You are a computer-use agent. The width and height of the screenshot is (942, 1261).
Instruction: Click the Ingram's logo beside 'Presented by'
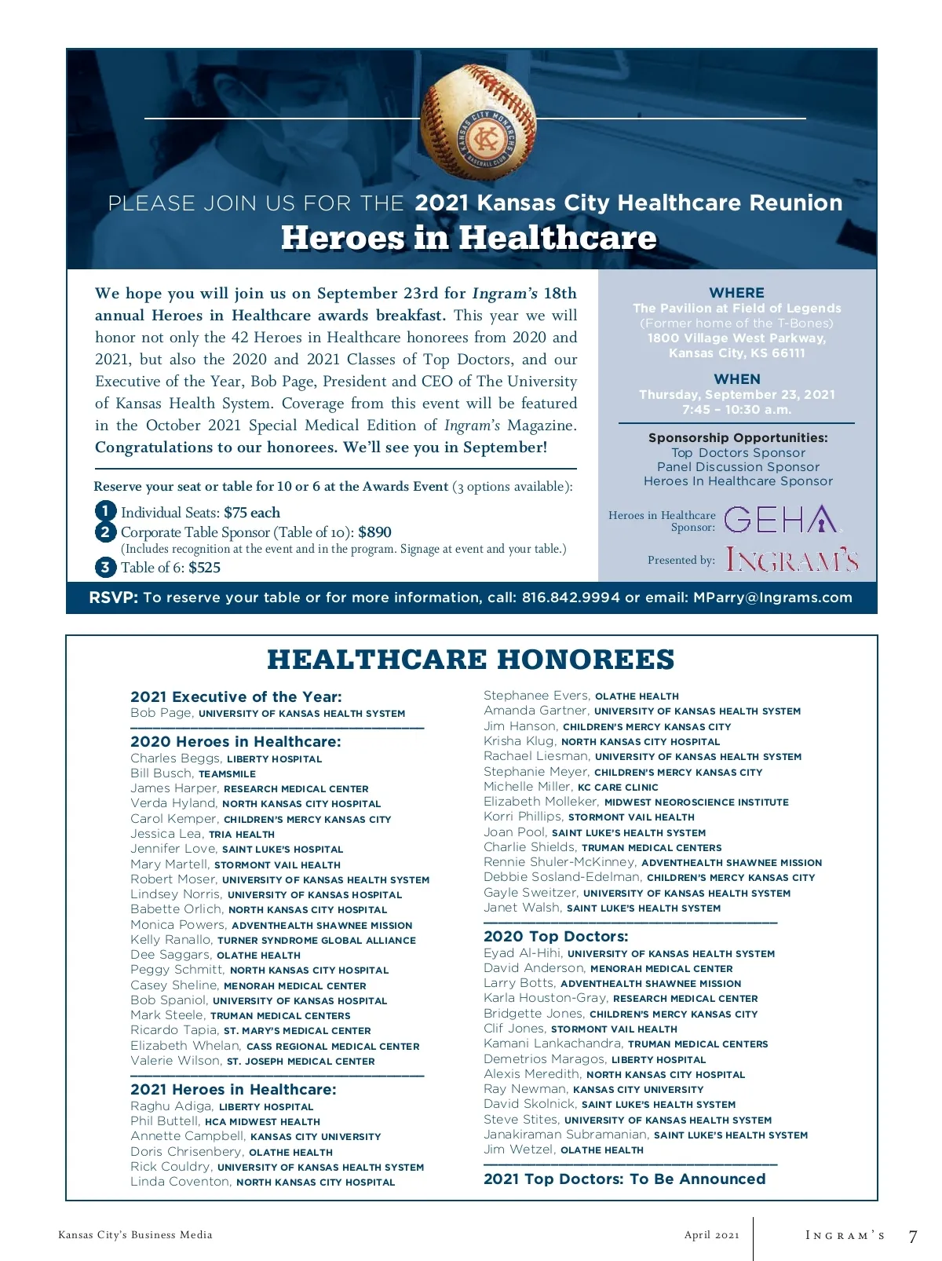(791, 559)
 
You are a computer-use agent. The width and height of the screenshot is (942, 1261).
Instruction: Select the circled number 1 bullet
(105, 511)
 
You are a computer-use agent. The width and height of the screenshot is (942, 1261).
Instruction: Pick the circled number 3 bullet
(105, 567)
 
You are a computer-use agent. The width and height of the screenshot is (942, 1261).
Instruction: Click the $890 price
(374, 532)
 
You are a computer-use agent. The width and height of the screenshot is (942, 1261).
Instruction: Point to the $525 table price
(204, 567)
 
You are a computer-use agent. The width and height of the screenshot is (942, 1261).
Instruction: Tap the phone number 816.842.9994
(571, 598)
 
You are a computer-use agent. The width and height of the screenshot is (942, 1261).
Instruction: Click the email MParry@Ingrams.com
(772, 598)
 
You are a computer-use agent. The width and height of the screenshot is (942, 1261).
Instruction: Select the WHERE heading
(736, 292)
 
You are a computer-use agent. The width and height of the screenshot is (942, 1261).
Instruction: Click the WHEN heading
(736, 378)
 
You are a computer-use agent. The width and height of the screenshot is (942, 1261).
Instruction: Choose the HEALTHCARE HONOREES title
(471, 660)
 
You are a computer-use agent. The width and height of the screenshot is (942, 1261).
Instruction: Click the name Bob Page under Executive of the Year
(161, 713)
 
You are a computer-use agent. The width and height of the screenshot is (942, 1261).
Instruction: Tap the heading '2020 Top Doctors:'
(556, 936)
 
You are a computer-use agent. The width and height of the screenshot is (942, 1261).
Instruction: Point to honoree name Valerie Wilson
(175, 1061)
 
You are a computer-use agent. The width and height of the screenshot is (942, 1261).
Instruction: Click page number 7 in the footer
(912, 1237)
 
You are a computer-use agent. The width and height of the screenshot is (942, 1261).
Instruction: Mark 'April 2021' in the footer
(711, 1235)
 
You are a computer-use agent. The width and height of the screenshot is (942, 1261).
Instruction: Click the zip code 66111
(787, 353)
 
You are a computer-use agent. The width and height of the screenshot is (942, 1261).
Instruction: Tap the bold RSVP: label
(113, 598)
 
